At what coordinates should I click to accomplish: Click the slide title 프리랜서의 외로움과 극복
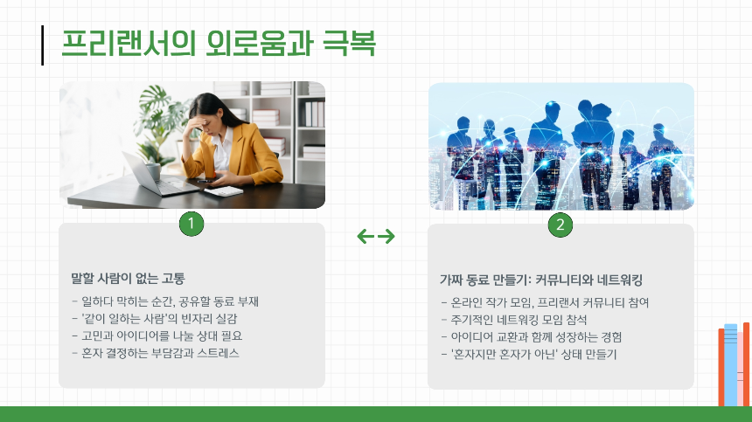[x=219, y=44]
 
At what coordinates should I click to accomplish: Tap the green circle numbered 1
[x=191, y=225]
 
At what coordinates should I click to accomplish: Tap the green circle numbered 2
[x=561, y=225]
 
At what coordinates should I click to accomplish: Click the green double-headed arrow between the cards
[x=376, y=236]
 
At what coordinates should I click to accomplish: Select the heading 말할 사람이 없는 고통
[x=128, y=280]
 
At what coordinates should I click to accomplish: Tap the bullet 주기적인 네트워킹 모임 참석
[x=517, y=319]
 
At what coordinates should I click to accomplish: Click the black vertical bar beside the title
[x=43, y=45]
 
